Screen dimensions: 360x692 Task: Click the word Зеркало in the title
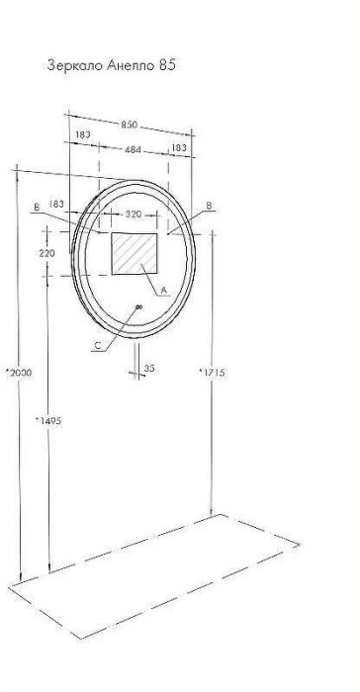pos(75,66)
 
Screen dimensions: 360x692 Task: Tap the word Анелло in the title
pos(129,66)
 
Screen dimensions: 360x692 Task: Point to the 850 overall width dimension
pos(130,125)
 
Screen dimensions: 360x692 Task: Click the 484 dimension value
pos(133,150)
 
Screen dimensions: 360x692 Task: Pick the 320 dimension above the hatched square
pos(134,215)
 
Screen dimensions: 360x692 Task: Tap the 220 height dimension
pos(46,253)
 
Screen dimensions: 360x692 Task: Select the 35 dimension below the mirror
pos(149,368)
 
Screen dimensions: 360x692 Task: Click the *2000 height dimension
pos(19,373)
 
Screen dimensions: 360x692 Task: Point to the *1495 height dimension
pos(48,421)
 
